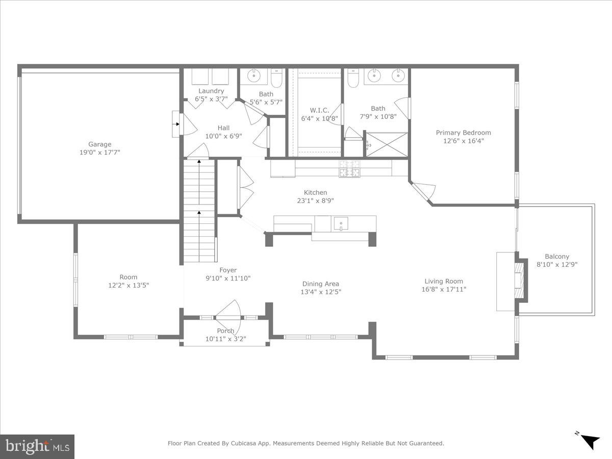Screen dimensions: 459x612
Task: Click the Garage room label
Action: click(x=99, y=144)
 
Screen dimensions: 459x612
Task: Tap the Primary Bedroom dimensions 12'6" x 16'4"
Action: click(x=463, y=141)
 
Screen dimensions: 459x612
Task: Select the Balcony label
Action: click(x=557, y=257)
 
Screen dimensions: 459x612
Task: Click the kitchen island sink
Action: click(x=341, y=223)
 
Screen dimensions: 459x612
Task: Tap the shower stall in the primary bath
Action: click(x=387, y=144)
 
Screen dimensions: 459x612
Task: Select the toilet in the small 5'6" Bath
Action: click(x=276, y=78)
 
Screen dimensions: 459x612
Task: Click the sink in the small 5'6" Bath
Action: click(x=254, y=76)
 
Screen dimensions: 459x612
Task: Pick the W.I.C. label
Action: click(x=319, y=110)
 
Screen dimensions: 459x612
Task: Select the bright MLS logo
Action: click(x=37, y=446)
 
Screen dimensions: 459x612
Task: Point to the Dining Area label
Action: click(x=320, y=284)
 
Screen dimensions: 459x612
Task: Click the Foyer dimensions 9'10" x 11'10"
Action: click(x=228, y=278)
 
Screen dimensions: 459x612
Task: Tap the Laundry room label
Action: click(x=211, y=91)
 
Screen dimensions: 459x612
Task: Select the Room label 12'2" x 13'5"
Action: click(x=129, y=285)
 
